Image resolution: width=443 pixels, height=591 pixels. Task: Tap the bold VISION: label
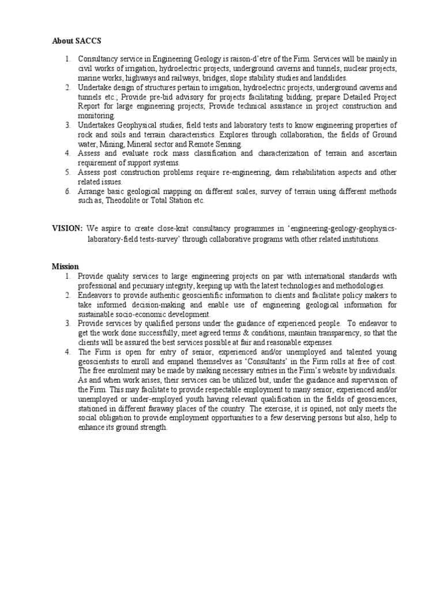coord(67,229)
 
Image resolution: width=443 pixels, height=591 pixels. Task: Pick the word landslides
coord(329,77)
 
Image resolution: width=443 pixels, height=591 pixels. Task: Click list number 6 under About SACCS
coord(67,191)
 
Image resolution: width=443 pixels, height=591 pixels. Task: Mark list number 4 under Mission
coord(67,351)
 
